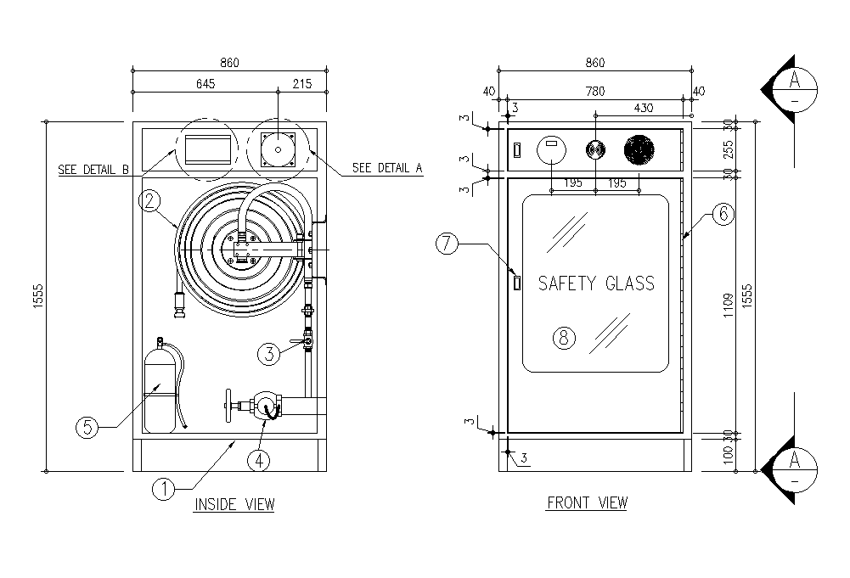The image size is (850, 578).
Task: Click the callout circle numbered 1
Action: point(163,488)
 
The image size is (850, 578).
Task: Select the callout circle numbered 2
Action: point(149,200)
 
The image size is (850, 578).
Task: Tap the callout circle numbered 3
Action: point(268,354)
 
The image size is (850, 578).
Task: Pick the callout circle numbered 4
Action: point(259,460)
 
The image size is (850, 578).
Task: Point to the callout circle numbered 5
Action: point(87,427)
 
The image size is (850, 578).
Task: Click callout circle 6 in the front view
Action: point(722,214)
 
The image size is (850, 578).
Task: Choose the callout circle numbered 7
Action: point(449,244)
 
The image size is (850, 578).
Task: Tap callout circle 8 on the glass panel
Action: point(564,338)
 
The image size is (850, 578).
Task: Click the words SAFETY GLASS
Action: point(597,283)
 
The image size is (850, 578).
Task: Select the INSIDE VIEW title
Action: point(234,505)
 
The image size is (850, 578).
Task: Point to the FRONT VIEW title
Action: point(587,502)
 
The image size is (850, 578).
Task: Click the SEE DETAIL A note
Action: point(387,168)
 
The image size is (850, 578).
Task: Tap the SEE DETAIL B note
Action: point(93,170)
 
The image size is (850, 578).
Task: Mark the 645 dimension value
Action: point(205,83)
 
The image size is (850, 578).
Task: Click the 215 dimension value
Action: point(301,83)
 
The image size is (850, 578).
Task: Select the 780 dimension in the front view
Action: point(596,91)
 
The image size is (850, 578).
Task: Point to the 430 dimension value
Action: point(644,108)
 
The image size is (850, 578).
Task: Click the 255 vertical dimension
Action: point(728,149)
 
